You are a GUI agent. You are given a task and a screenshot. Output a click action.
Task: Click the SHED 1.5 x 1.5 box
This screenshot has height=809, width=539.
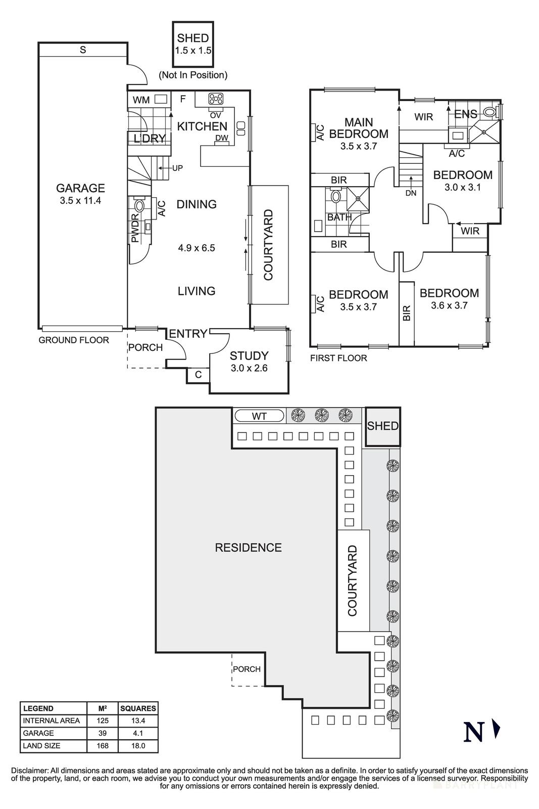193,44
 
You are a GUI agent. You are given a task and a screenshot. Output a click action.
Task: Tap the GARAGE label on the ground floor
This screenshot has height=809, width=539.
80,188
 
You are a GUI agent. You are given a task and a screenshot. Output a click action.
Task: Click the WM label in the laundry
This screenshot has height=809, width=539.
141,100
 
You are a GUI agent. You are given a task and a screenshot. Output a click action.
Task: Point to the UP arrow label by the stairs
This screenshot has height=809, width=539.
177,168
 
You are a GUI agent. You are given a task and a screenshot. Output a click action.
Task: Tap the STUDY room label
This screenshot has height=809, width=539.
249,355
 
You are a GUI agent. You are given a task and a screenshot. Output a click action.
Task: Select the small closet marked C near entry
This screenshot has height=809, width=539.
198,375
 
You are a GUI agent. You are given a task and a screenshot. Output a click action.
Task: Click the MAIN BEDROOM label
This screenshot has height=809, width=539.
359,128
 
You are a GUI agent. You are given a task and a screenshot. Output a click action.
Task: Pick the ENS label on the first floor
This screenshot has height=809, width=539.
465,114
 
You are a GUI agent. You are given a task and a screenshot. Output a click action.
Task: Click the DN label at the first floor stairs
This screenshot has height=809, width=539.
411,193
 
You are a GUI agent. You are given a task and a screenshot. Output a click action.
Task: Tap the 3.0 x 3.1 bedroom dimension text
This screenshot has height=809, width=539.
462,187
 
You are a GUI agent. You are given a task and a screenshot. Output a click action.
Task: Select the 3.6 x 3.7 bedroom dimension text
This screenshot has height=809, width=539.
449,305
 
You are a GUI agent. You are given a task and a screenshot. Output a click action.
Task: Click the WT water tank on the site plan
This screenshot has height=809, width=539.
260,416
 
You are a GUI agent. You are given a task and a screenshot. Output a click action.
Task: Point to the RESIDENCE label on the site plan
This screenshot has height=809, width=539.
248,548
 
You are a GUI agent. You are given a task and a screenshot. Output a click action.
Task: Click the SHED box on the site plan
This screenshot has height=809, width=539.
383,426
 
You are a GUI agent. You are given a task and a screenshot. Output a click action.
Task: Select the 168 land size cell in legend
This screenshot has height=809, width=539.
102,746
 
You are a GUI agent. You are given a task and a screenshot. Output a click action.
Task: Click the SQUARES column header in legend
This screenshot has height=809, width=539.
138,708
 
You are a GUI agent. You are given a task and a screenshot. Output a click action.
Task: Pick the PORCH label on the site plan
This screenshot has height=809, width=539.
247,669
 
